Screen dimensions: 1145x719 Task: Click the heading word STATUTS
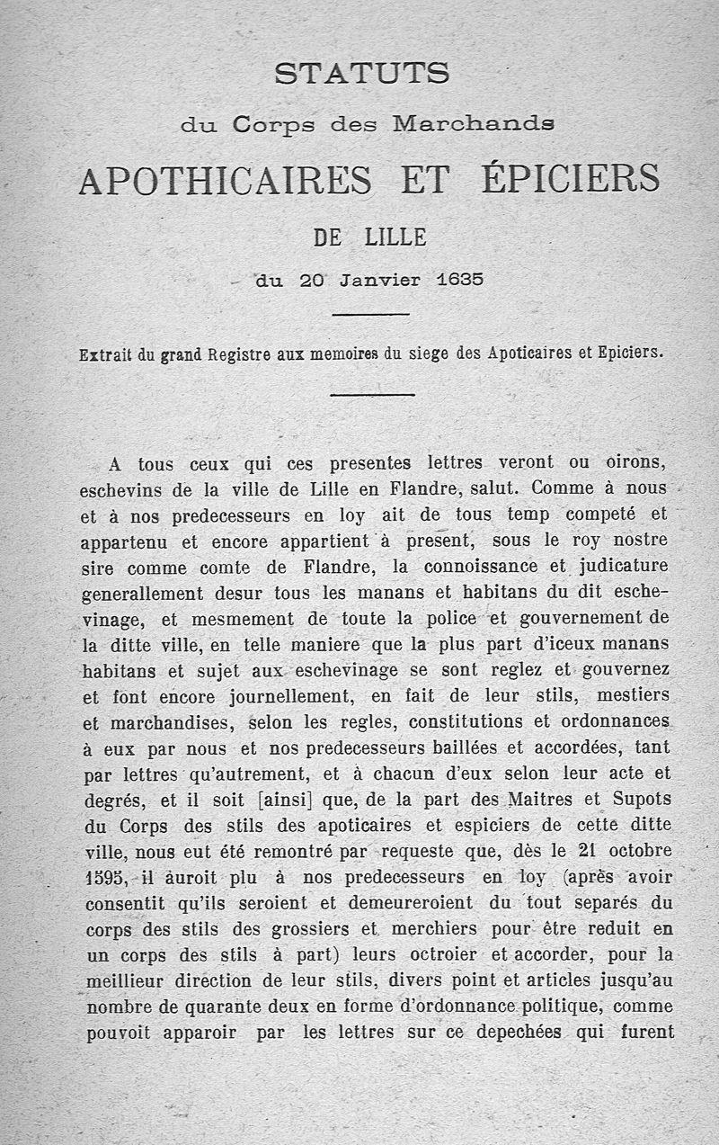[x=361, y=73]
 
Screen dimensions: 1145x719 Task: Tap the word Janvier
[x=376, y=280]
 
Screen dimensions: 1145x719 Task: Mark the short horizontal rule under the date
[x=371, y=314]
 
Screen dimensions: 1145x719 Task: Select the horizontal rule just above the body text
[x=372, y=395]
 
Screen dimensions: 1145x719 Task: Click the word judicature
[x=621, y=568]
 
